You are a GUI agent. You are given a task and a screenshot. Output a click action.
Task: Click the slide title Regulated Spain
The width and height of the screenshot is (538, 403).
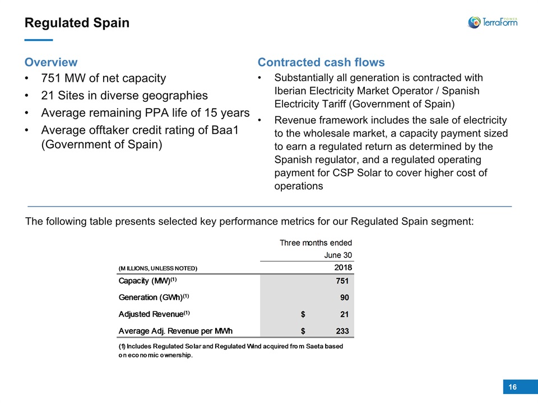77,23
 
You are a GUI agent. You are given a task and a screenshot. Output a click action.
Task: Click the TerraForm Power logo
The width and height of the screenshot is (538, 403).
493,22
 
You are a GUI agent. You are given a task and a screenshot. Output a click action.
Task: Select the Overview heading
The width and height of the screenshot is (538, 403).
51,62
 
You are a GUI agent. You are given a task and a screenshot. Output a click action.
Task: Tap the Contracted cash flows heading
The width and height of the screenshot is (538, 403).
321,62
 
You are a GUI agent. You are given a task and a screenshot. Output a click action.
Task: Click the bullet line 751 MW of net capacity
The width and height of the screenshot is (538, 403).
103,78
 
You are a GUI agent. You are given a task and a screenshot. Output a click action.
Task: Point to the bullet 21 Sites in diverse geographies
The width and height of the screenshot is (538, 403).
124,95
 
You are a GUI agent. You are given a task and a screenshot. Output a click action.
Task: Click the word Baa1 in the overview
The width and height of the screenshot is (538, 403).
225,130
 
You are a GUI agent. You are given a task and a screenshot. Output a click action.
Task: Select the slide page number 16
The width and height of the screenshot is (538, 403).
513,387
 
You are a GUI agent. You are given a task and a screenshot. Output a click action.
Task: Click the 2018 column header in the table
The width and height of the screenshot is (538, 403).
343,268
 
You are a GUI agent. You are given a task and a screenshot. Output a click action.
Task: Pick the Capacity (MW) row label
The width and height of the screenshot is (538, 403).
147,280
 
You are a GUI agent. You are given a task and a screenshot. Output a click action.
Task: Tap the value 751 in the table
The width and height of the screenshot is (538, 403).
342,281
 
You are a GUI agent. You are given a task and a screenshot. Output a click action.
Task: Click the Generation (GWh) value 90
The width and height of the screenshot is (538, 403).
345,297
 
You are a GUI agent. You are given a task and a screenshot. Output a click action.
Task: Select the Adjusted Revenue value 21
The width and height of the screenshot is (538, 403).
345,314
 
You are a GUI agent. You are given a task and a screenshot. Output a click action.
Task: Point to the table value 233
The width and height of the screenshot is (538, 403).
342,331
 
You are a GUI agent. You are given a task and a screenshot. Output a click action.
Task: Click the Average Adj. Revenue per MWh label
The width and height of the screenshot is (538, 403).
175,331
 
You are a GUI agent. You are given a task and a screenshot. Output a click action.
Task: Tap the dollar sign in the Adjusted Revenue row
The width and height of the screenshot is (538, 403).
303,314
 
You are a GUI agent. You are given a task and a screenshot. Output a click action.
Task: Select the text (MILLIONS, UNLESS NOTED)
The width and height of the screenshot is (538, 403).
158,268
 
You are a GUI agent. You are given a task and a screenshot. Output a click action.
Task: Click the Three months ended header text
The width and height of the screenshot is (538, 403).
316,243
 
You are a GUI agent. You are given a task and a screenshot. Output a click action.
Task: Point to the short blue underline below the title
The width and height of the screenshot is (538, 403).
39,40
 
